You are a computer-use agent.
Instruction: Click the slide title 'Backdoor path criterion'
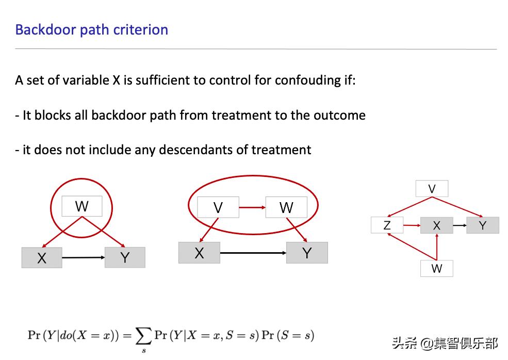[92, 29]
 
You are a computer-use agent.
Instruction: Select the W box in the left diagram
[81, 206]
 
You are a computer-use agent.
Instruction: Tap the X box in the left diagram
[42, 257]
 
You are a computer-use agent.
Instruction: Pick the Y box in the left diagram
[125, 257]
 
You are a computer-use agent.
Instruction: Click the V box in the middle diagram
[218, 207]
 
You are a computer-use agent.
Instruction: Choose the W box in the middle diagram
[286, 207]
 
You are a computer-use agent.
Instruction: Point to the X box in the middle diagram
[199, 253]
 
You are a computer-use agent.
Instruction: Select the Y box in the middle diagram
[307, 253]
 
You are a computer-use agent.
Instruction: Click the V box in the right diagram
[432, 189]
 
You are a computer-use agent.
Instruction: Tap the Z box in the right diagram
[387, 225]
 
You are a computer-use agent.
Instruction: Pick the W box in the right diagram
[436, 268]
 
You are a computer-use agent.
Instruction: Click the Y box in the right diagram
[483, 225]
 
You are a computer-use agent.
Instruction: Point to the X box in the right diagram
[436, 225]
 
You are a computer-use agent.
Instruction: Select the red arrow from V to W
[252, 207]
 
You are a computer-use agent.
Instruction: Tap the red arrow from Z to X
[412, 225]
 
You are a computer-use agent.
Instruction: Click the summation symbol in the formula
[143, 336]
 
